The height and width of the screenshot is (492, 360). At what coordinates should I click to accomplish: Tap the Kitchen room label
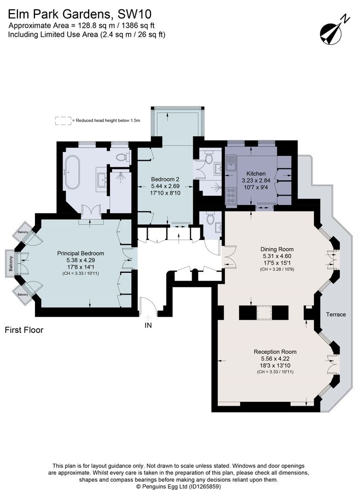click(256, 173)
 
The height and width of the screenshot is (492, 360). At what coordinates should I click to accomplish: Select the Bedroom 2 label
click(165, 179)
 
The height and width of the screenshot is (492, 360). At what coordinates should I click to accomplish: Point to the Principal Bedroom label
click(80, 253)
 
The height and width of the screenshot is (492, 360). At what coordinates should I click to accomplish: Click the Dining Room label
click(277, 249)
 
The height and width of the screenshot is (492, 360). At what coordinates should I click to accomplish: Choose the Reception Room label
click(275, 352)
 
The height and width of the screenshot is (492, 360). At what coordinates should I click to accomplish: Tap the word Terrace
click(336, 314)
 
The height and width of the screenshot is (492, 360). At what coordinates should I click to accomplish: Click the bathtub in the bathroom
click(72, 172)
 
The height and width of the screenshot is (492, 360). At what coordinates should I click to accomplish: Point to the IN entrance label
click(148, 325)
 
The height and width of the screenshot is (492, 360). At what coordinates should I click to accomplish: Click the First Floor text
click(24, 330)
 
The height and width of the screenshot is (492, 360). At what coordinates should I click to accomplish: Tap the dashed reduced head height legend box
click(63, 121)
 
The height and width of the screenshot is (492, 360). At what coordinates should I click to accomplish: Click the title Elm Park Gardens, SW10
click(80, 14)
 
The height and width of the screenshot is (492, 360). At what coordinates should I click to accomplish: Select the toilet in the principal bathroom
click(123, 156)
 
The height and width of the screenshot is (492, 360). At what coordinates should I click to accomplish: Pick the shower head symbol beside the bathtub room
click(120, 177)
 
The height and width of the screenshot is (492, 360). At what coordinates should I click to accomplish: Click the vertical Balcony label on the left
click(11, 263)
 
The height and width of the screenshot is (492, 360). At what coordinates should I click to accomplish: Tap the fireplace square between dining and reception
click(264, 313)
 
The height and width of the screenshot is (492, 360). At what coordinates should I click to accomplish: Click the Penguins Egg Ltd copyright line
click(178, 487)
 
